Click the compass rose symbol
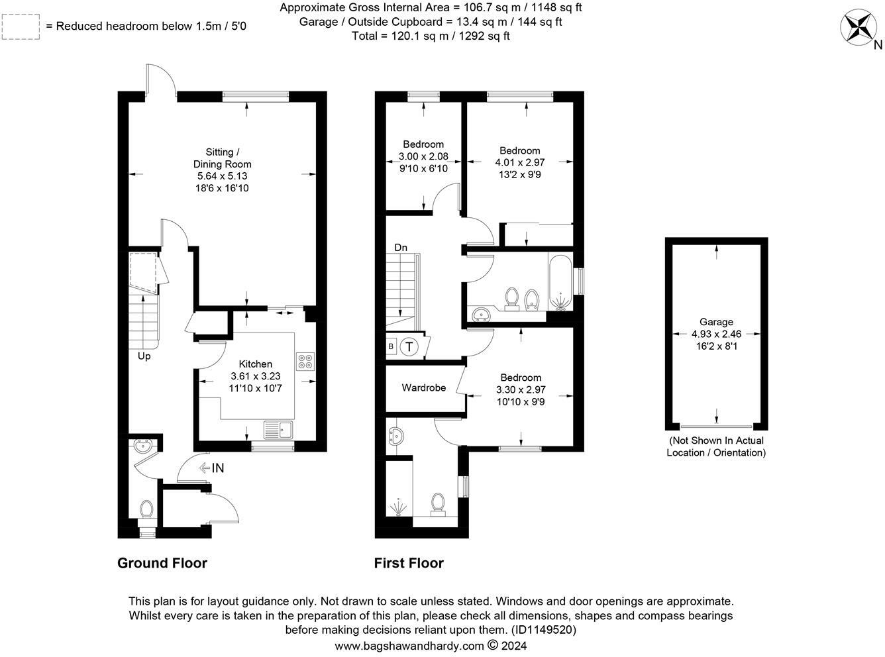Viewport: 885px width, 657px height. pos(858,26)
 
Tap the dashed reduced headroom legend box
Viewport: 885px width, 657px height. pos(21,26)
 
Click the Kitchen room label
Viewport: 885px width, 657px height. pos(256,364)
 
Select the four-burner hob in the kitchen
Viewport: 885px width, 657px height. pos(305,362)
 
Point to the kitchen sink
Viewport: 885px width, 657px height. pos(278,430)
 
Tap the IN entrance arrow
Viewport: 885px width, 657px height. pos(211,468)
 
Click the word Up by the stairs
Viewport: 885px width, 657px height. pos(144,356)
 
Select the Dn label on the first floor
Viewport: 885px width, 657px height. pos(401,248)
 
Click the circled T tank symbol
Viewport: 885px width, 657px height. pos(409,346)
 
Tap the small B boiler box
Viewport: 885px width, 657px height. pos(391,346)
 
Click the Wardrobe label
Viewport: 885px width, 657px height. pos(424,387)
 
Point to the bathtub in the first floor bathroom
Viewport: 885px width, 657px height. pos(560,283)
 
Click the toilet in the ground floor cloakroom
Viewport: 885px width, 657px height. pos(146,512)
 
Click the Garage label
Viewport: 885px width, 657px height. pos(716,322)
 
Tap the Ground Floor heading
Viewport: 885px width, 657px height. pos(162,563)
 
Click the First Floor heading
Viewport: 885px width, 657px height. pos(409,563)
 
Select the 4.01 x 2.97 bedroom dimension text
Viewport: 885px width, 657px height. pos(520,162)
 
